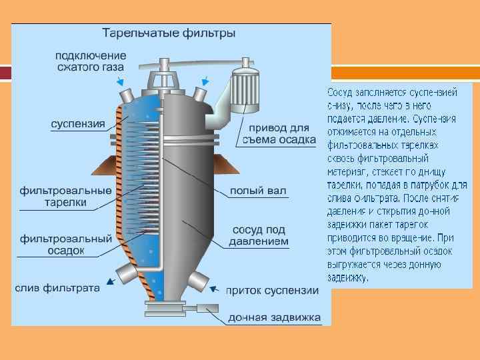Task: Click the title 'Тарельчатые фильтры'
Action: [x=168, y=33]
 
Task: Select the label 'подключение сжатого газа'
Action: [x=90, y=59]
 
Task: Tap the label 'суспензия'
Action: [x=78, y=123]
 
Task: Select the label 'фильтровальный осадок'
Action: [x=65, y=244]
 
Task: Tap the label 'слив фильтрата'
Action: [x=58, y=288]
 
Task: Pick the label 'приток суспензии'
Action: [x=271, y=290]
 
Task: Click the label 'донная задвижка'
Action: [x=275, y=317]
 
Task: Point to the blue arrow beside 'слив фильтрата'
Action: [x=109, y=282]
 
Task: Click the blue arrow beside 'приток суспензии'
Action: [x=215, y=289]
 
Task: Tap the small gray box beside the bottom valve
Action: [x=212, y=309]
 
